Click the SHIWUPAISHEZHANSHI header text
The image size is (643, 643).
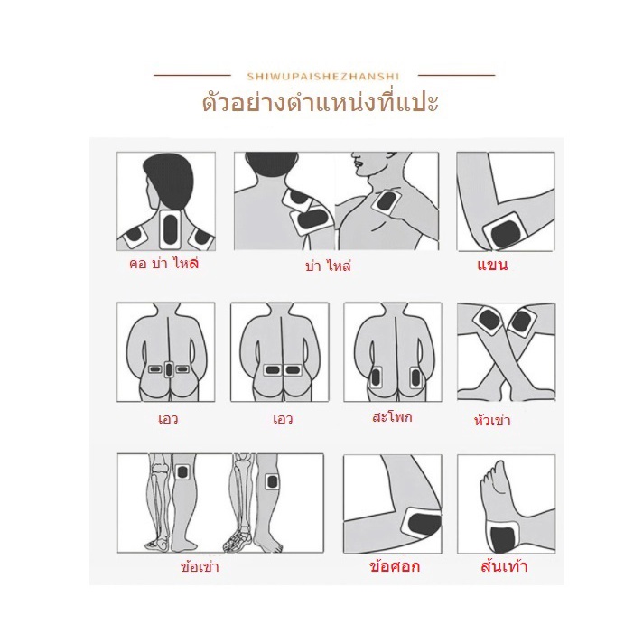(x=322, y=76)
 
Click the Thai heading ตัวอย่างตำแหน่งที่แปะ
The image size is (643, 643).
(x=321, y=103)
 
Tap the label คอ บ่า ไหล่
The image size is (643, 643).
(x=163, y=263)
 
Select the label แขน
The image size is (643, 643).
(x=492, y=265)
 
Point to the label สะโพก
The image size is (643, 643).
(x=392, y=417)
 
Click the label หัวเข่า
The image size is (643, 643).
(x=492, y=420)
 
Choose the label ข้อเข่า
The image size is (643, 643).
(x=200, y=567)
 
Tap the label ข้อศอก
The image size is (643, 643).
(x=395, y=566)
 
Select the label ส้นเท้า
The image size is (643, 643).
(x=504, y=566)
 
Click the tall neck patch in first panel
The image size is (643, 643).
(x=170, y=228)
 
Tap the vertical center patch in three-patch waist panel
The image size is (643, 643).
(x=169, y=369)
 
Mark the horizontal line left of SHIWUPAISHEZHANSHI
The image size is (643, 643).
(x=192, y=76)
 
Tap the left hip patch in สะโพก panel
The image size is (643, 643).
(x=376, y=377)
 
